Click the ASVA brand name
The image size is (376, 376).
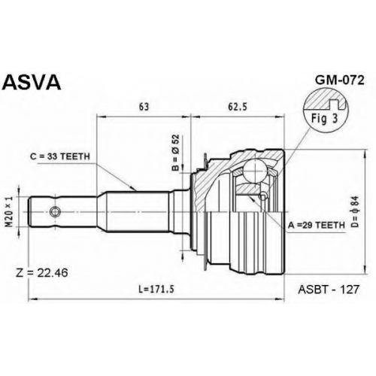click(32, 82)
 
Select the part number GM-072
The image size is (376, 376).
click(339, 80)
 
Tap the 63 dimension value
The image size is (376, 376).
click(144, 107)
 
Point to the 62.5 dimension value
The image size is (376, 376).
click(238, 107)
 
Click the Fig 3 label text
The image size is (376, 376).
click(325, 119)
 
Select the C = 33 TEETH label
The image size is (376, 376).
click(60, 156)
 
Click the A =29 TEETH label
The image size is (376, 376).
click(317, 226)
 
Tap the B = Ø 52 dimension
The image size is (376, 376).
click(176, 153)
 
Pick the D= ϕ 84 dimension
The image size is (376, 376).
click(356, 211)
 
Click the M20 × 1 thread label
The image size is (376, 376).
click(9, 211)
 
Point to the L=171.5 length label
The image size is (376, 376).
click(156, 290)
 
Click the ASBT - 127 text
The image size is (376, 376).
click(329, 290)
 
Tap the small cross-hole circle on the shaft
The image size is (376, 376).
click(55, 212)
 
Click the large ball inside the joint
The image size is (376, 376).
click(255, 171)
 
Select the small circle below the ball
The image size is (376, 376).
click(262, 196)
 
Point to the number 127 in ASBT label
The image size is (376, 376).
click(349, 290)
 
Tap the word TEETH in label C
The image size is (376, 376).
click(75, 156)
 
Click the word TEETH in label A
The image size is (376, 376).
click(331, 226)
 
